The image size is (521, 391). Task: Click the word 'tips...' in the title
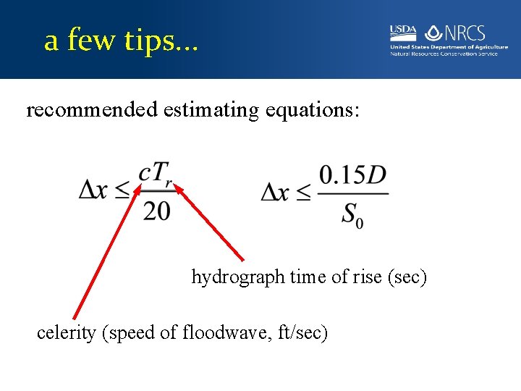[161, 41]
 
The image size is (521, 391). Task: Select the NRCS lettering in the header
[465, 33]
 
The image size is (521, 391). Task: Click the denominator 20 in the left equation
[157, 211]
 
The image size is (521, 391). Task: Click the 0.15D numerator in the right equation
[352, 175]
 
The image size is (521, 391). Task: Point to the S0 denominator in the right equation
[352, 215]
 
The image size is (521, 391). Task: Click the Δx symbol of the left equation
[95, 192]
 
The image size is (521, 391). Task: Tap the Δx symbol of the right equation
[277, 192]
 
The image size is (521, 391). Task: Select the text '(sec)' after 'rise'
[409, 277]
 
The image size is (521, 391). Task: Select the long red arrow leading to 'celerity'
[106, 253]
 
